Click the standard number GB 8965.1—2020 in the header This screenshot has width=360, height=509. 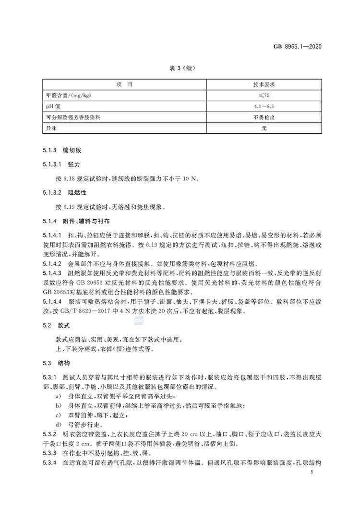[x=297, y=47]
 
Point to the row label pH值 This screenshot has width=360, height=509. [x=51, y=106]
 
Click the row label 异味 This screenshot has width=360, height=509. [x=49, y=128]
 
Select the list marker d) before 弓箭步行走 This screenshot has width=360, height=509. [x=58, y=425]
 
